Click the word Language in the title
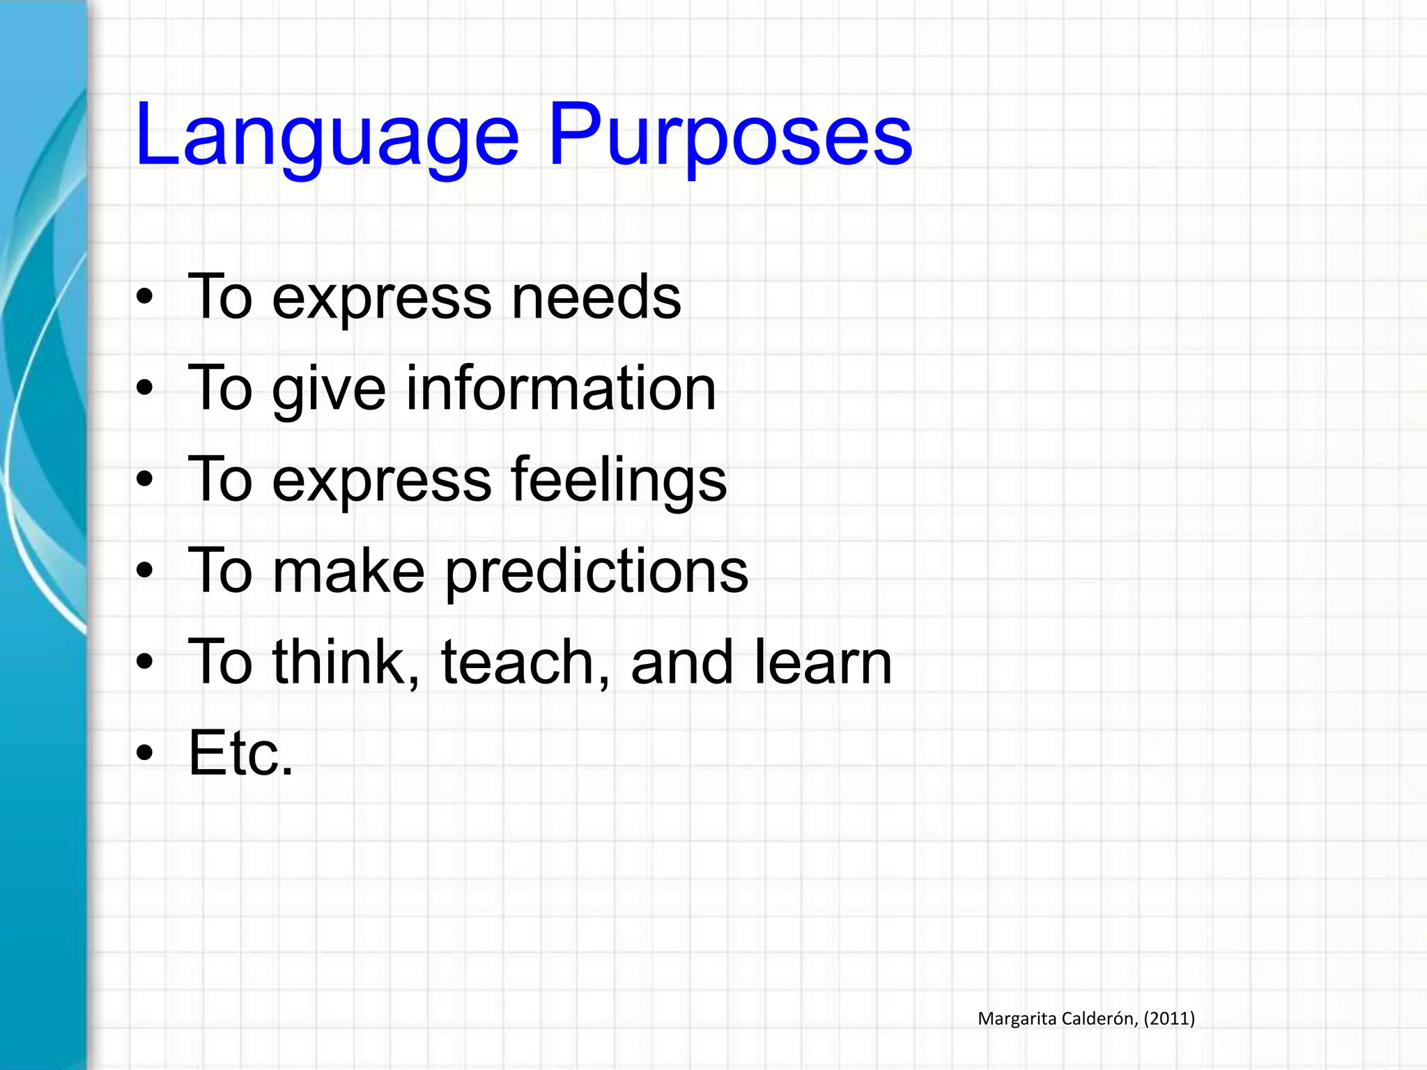tap(327, 136)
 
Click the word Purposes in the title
tap(730, 136)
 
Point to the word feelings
tap(619, 481)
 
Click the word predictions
tap(596, 572)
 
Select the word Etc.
tap(241, 754)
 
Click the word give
tap(329, 390)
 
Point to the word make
tap(348, 572)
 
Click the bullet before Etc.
tap(144, 753)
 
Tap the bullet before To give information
tap(144, 388)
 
